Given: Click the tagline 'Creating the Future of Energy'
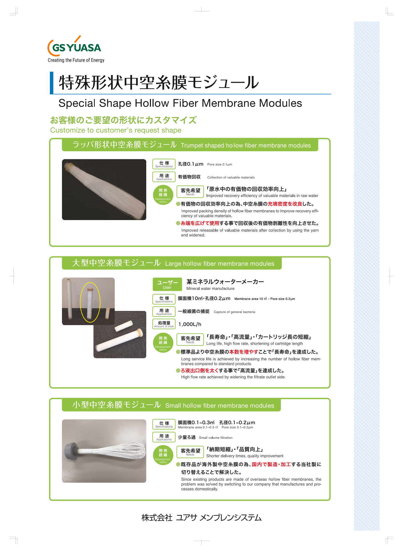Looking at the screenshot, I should point(76,60).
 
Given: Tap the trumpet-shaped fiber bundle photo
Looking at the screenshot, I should point(104,190).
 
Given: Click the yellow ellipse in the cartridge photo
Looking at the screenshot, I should point(90,302).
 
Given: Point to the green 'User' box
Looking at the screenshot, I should point(167,284).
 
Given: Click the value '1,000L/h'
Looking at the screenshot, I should point(190,324).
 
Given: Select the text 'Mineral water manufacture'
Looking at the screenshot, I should point(210,289).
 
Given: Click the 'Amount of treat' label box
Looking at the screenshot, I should point(164,324).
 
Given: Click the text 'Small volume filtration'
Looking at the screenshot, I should point(216,438).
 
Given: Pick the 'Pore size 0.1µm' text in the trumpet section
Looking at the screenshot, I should point(219,164).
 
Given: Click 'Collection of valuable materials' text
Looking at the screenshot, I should point(231,178).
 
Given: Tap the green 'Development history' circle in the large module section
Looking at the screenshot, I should point(163,342).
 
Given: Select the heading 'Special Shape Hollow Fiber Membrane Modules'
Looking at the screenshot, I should point(180,103).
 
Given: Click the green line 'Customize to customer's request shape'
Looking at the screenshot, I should point(116,130).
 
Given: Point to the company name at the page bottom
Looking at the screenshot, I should point(201,518).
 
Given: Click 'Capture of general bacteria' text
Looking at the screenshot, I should point(234,312).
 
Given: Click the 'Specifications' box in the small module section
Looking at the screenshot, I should point(164,424).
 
